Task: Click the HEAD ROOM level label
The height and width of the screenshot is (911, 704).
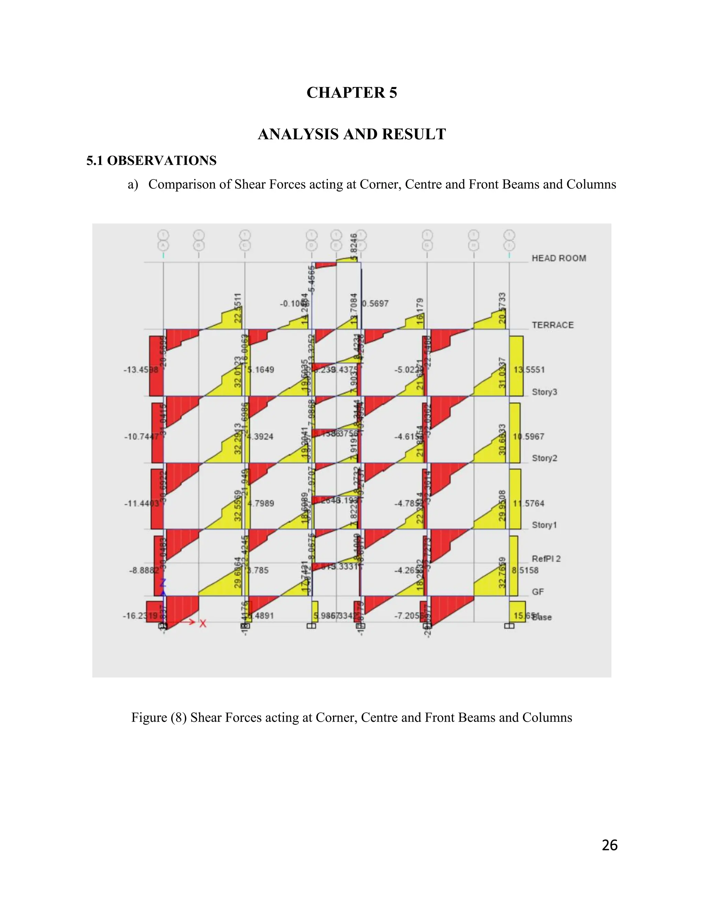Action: coord(559,258)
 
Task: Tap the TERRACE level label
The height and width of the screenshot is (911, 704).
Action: coord(553,325)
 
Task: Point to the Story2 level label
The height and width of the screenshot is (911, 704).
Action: coord(544,458)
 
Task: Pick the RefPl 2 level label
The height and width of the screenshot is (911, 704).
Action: coord(546,559)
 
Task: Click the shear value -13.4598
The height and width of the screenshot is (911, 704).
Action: coord(141,370)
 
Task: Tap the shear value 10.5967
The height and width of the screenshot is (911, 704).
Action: coord(528,436)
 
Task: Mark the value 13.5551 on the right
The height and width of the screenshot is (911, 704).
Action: coord(529,370)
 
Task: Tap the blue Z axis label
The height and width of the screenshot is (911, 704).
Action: coord(163,583)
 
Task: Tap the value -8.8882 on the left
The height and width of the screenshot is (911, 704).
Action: coord(143,570)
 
